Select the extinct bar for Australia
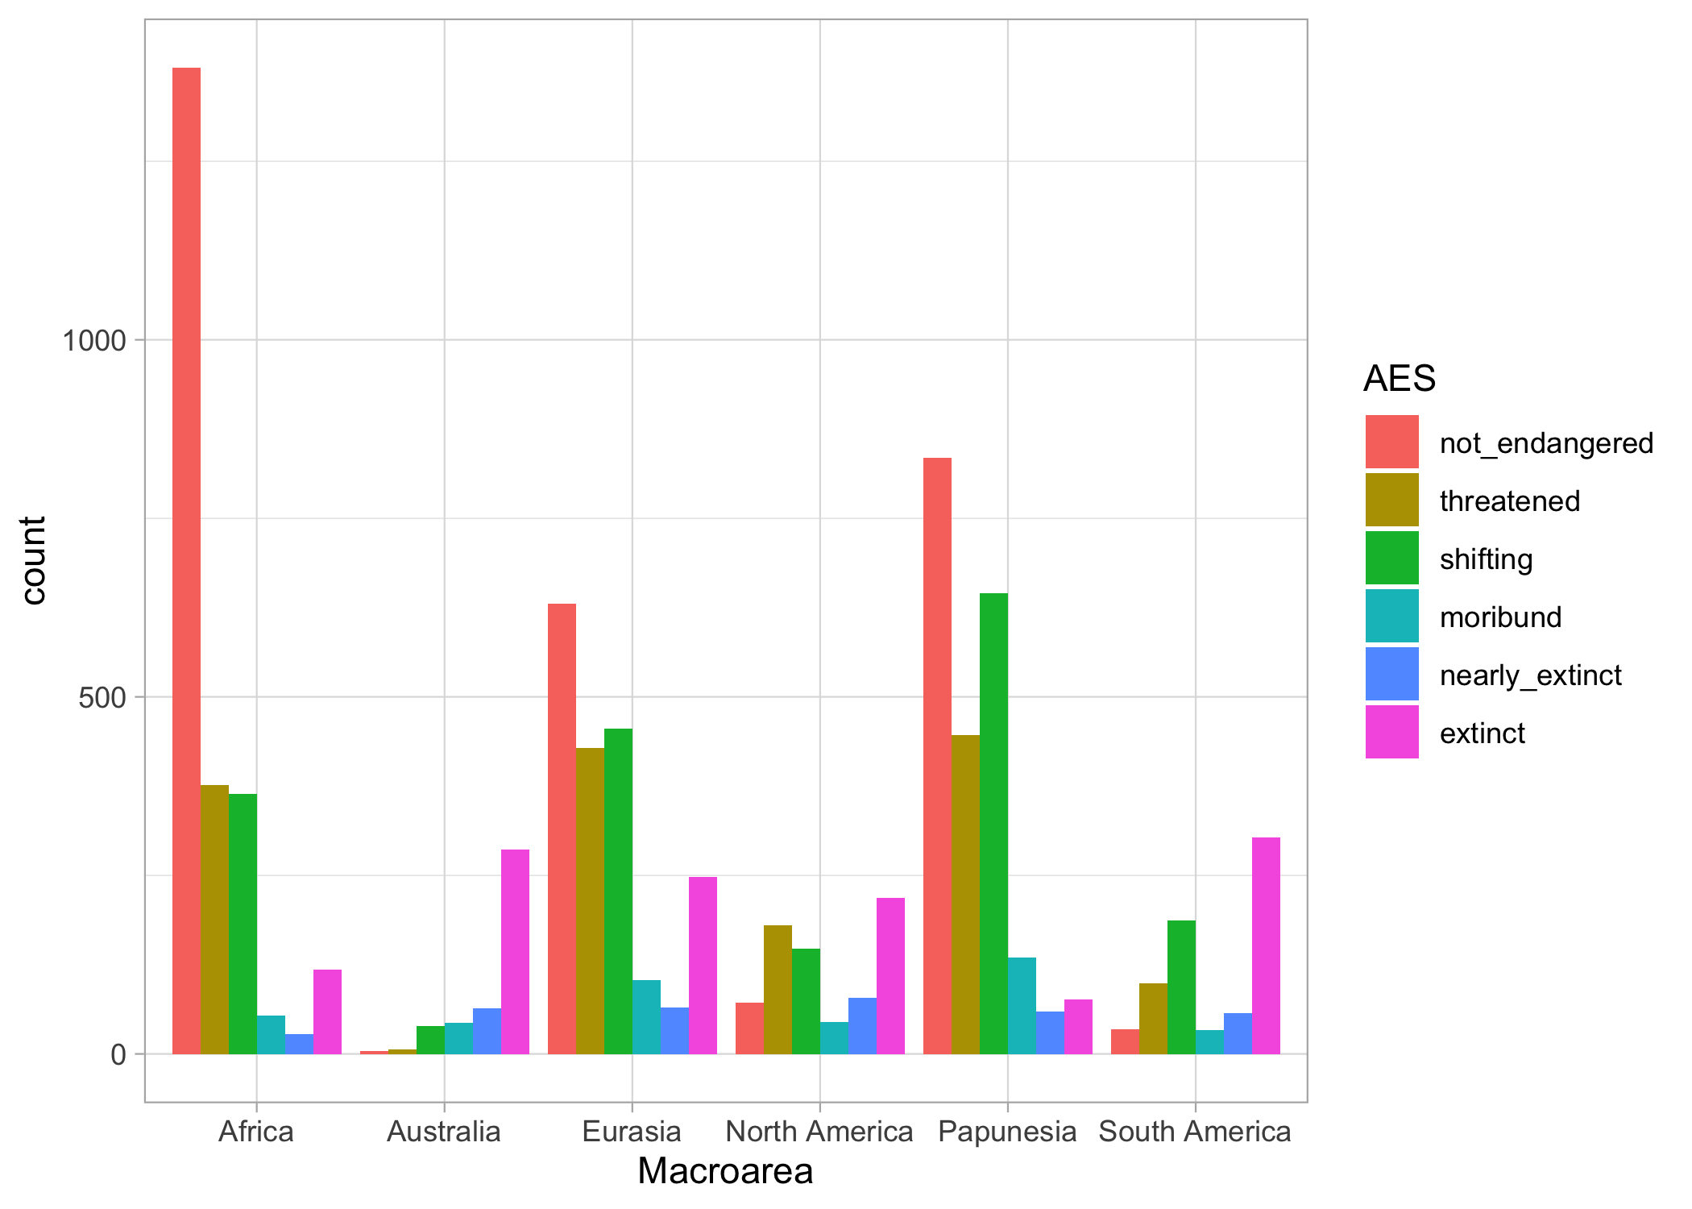(x=515, y=951)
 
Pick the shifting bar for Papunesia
(x=993, y=823)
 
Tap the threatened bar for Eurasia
(x=590, y=900)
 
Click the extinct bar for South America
(x=1266, y=945)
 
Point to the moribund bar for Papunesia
(x=1022, y=1005)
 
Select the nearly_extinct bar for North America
(x=862, y=1025)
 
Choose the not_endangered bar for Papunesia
(x=937, y=755)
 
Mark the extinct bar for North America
(x=890, y=975)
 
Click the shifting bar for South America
(x=1181, y=987)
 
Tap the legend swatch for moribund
(x=1391, y=616)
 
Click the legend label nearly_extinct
(x=1530, y=675)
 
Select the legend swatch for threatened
(x=1391, y=500)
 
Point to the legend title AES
(x=1399, y=379)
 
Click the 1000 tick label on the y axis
(x=95, y=341)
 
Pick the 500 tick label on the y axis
(x=102, y=697)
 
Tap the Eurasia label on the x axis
(x=632, y=1132)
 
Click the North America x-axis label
(x=819, y=1132)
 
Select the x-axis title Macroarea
(x=725, y=1171)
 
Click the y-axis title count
(x=34, y=560)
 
